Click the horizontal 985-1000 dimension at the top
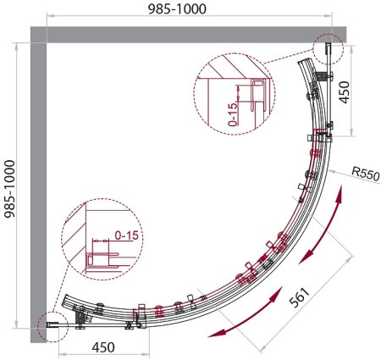pos(177,9)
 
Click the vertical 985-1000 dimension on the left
pos(10,189)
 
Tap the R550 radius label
pos(366,174)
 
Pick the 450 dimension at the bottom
pos(103,347)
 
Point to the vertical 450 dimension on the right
pos(344,92)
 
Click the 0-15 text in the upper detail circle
pos(233,114)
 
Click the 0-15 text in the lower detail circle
pos(126,235)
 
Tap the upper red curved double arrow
pos(322,224)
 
